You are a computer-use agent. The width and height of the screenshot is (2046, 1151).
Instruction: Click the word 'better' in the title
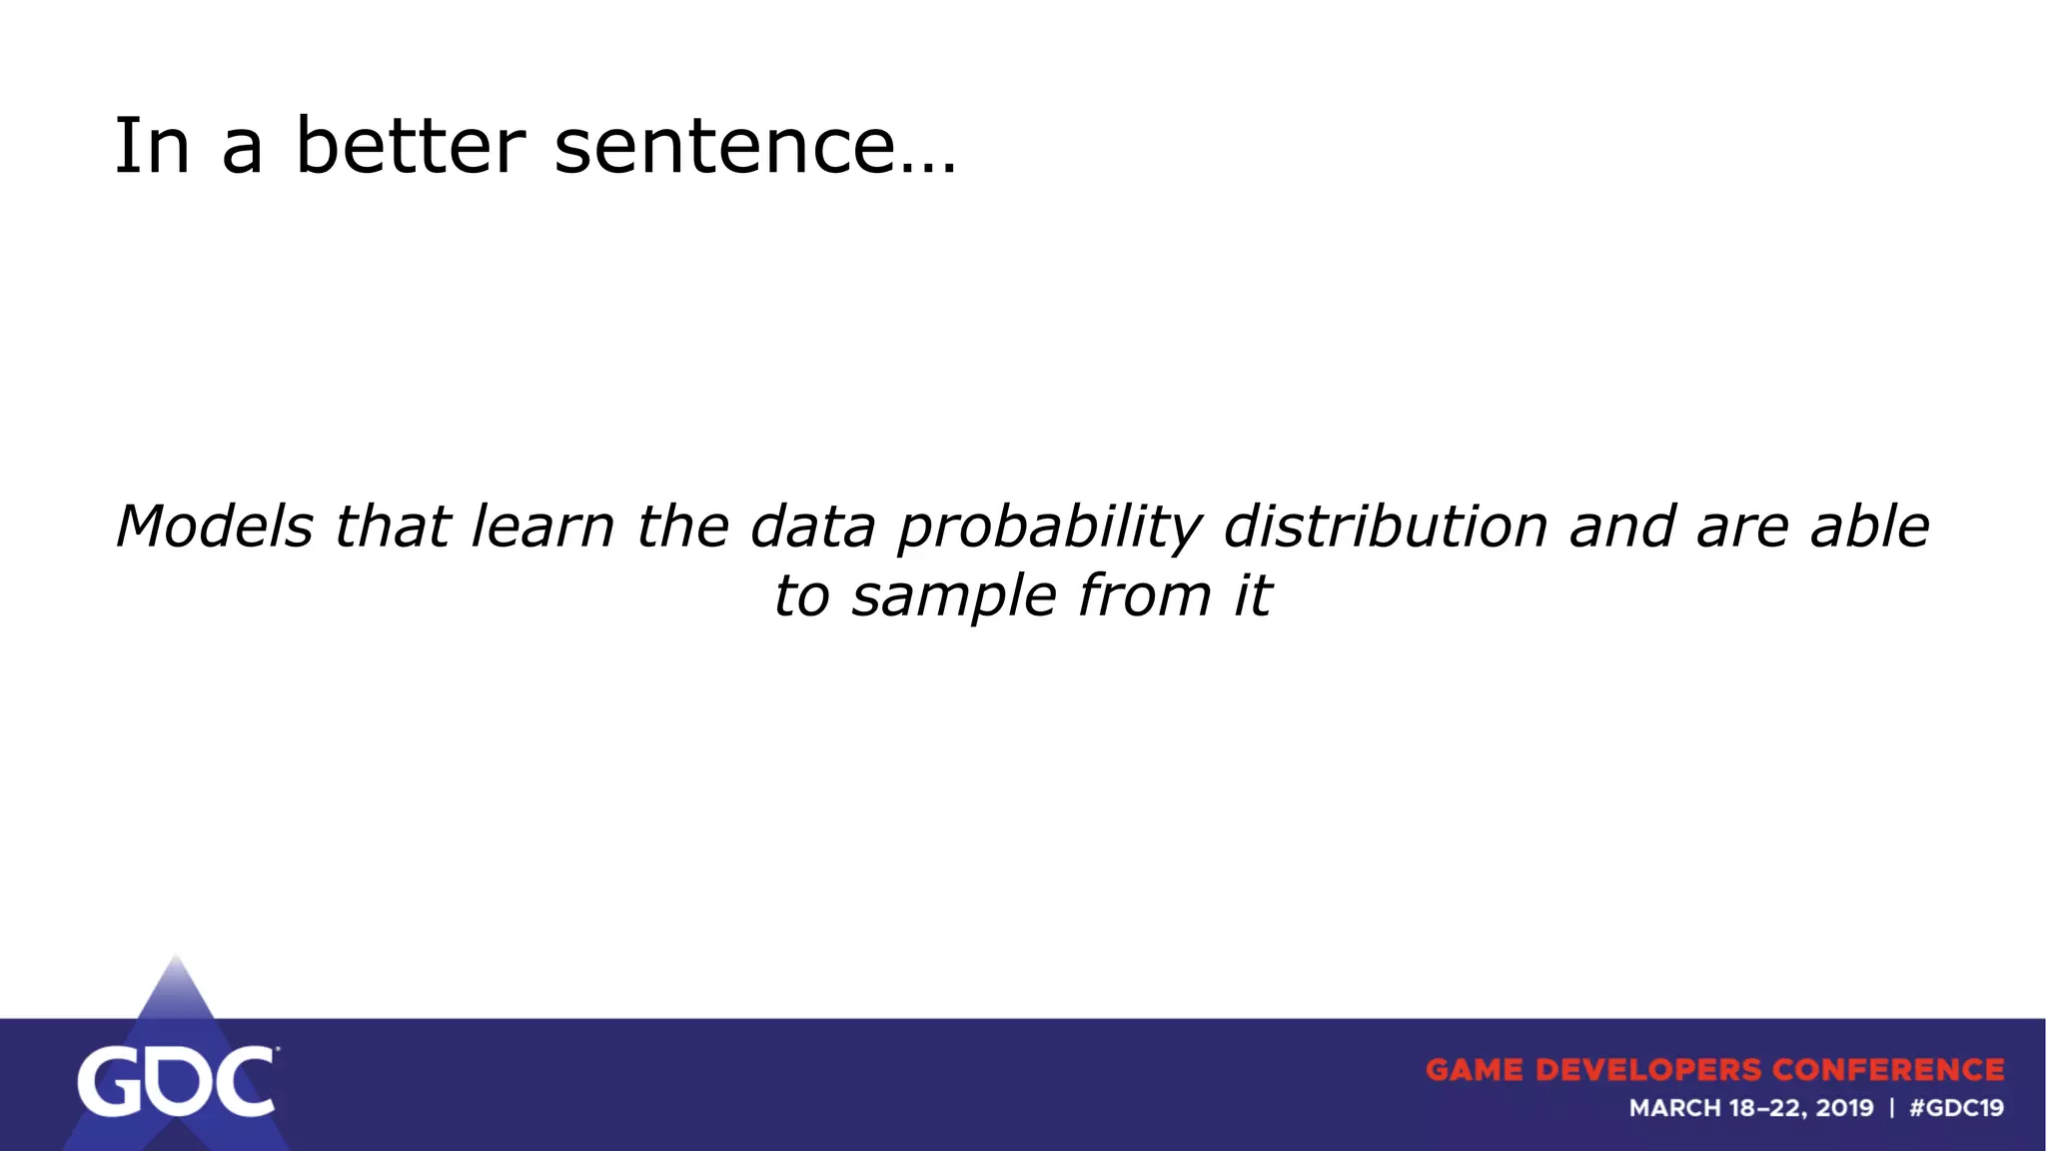point(410,146)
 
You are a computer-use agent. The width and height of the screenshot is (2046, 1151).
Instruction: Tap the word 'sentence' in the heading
point(723,146)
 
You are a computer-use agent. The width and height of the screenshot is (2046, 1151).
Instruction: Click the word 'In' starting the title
point(151,146)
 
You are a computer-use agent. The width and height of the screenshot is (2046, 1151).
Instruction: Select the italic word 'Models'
point(214,527)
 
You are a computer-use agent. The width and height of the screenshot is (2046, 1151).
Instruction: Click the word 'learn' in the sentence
point(541,527)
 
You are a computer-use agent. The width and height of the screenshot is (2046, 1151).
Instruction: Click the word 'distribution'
point(1385,527)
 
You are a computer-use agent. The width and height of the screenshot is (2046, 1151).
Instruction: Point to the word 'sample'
point(953,597)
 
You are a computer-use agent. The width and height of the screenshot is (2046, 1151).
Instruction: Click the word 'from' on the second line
point(1144,596)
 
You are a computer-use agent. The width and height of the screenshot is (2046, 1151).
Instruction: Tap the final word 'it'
point(1252,596)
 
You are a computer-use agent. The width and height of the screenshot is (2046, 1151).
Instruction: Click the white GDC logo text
point(176,1082)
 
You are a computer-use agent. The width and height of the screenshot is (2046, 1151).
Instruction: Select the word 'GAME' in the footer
point(1475,1070)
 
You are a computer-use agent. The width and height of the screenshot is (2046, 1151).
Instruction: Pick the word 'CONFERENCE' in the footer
point(1888,1070)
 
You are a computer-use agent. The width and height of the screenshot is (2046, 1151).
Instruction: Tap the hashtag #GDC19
point(1956,1108)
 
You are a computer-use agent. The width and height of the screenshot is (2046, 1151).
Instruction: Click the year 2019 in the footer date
point(1844,1108)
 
